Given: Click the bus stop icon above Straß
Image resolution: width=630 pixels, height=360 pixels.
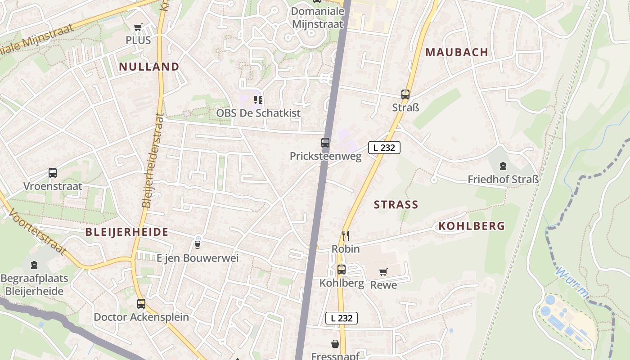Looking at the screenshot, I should pos(405,94).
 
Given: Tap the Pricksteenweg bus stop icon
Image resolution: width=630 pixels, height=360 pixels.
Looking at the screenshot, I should pos(325,143).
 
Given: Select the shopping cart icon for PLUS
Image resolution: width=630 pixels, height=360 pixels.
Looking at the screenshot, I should pos(138,27).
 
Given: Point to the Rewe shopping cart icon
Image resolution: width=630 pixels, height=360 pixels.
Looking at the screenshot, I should pos(383,272).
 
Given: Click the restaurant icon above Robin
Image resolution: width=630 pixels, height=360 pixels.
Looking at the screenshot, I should pos(346,235).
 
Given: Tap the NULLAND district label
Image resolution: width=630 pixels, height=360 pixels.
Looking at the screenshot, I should pos(149,67).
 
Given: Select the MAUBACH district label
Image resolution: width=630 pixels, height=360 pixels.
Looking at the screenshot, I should pos(457,52).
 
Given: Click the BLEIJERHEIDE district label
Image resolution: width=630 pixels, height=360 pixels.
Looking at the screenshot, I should pos(127,232).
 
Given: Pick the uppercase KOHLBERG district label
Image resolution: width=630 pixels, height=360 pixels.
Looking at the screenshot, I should pos(472,226).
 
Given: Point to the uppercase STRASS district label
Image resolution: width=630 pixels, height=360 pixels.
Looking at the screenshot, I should pos(396,205).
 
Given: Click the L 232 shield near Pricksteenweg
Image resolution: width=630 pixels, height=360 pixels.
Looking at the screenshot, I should pos(384,147).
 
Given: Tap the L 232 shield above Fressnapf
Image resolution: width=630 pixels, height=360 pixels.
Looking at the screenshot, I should pos(342,318).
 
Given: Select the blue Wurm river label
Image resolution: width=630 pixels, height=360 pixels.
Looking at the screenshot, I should pos(572,283).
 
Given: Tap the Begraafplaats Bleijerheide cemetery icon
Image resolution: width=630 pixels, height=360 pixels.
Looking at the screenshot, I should pos(34,265).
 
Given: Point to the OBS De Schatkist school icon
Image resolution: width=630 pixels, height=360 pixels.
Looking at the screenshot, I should pos(258,99).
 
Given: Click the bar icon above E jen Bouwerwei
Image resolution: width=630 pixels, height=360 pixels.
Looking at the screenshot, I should pos(197,244).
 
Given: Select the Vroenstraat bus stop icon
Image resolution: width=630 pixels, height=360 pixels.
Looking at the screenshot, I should pos(53,173).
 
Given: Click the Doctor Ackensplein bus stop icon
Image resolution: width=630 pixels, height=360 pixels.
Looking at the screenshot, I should pos(141,304).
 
